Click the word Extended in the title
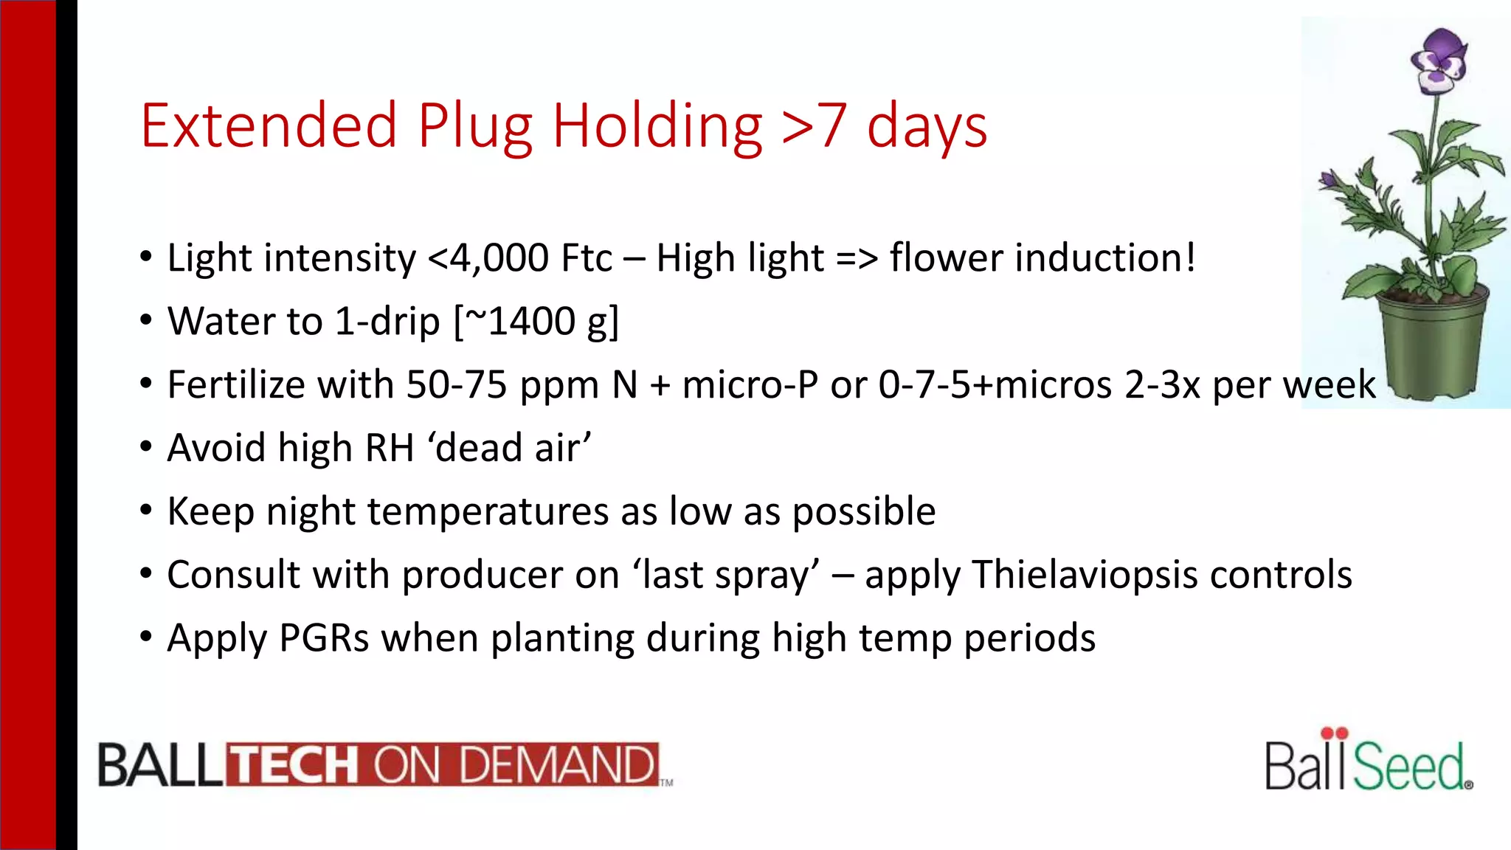(x=269, y=126)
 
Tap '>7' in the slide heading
(x=814, y=126)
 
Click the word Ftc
(x=587, y=258)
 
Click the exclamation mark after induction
(x=1189, y=258)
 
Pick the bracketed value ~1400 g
(x=537, y=322)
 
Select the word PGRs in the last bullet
(x=323, y=638)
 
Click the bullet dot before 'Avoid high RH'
(x=146, y=447)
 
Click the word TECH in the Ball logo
(x=293, y=764)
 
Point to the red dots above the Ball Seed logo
(x=1334, y=733)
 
